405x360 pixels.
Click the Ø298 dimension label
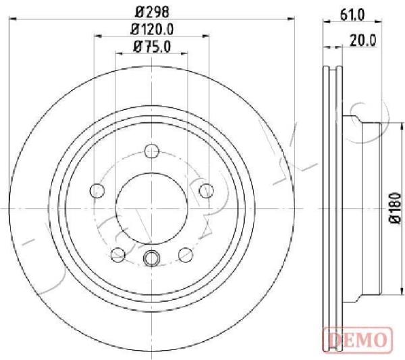tap(152, 11)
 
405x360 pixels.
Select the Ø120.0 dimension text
tap(152, 29)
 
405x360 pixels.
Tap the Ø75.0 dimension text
tap(152, 47)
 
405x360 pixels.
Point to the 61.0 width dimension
tap(352, 15)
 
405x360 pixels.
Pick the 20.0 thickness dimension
tap(362, 41)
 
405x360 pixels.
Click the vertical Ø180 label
tap(395, 208)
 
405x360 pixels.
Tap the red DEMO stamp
tap(358, 339)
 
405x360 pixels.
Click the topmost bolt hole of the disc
tap(152, 151)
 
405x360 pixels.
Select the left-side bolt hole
tap(97, 190)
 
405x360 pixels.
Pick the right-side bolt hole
tap(207, 190)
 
